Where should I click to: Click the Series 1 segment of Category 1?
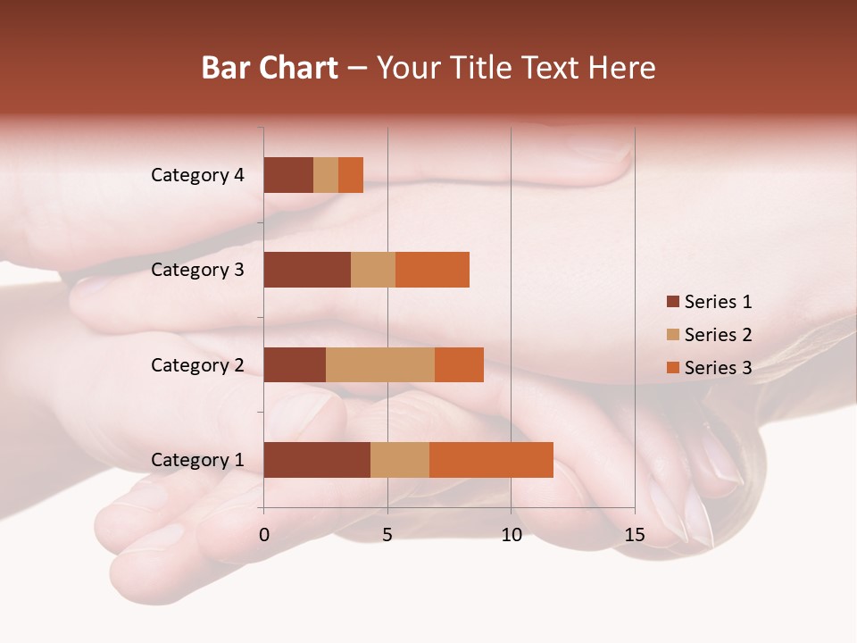point(317,460)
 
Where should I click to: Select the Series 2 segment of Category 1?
point(400,460)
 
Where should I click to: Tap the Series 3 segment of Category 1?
point(491,460)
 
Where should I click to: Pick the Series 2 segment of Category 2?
point(380,364)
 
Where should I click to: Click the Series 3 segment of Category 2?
point(459,364)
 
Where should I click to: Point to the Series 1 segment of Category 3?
point(307,270)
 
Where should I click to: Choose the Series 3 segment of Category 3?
point(432,270)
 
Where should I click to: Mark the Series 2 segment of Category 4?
point(326,175)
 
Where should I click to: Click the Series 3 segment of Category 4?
point(351,175)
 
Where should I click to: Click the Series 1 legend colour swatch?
point(673,302)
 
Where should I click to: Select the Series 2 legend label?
point(718,335)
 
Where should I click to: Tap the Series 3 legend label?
point(718,368)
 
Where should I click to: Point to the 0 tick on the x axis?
point(264,536)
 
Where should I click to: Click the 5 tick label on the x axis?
point(387,536)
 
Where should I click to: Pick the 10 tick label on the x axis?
point(511,536)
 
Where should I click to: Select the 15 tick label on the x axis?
point(634,536)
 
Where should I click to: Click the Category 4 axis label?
point(197,175)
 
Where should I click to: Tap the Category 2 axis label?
point(197,365)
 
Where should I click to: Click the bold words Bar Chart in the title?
point(270,68)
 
